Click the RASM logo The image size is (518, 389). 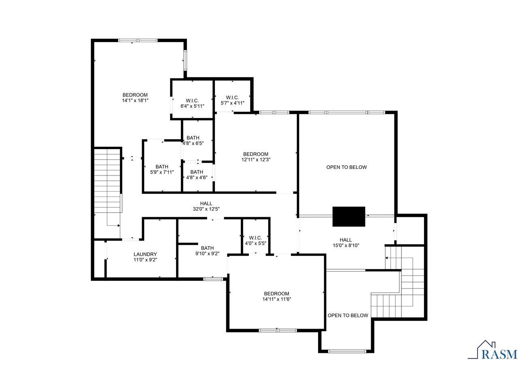tap(493, 351)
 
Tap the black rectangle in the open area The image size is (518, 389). tap(349, 216)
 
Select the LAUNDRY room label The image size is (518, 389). tap(145, 254)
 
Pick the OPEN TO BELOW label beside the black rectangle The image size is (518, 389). tap(346, 167)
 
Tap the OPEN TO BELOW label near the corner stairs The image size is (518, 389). tap(348, 315)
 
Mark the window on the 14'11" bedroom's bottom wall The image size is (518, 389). tap(278, 330)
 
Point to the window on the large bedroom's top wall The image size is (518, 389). tap(138, 40)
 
